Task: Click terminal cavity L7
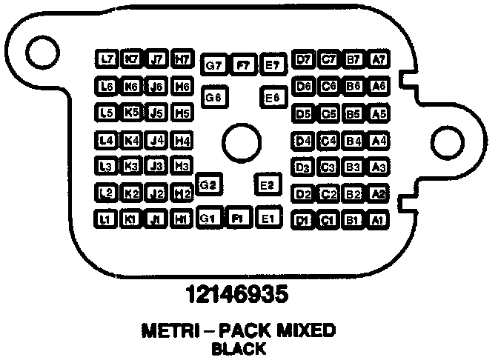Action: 107,59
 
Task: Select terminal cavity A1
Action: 378,220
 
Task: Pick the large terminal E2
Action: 267,184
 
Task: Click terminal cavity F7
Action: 242,65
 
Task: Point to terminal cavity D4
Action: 302,140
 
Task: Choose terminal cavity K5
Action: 131,113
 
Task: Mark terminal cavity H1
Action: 180,219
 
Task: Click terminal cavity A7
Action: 379,59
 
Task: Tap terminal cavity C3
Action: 328,167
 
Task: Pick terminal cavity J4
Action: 156,140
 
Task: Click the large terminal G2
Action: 208,184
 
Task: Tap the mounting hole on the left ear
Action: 42,49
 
